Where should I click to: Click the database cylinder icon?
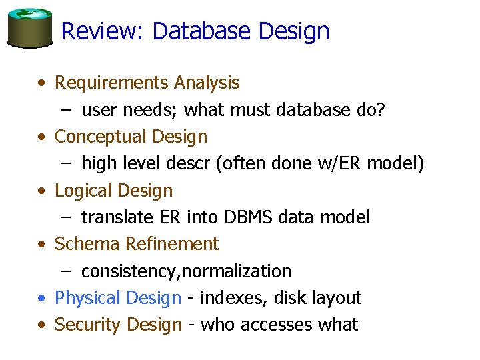click(29, 28)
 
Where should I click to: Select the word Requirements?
click(111, 83)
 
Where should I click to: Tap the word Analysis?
click(206, 83)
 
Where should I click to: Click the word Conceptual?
click(101, 137)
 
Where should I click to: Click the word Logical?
click(83, 191)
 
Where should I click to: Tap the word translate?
click(117, 217)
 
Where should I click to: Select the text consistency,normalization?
click(186, 271)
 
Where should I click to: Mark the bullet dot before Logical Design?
click(42, 191)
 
